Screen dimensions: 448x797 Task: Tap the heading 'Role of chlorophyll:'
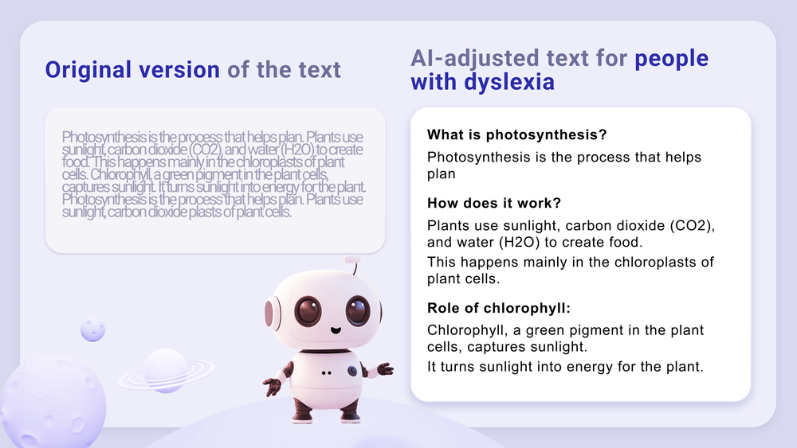click(499, 308)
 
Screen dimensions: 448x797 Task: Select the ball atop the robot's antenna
click(352, 260)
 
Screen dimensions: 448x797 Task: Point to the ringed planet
click(166, 370)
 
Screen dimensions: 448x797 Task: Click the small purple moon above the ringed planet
click(93, 329)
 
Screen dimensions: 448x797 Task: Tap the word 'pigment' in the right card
click(605, 329)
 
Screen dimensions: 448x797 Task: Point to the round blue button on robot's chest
click(351, 370)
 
